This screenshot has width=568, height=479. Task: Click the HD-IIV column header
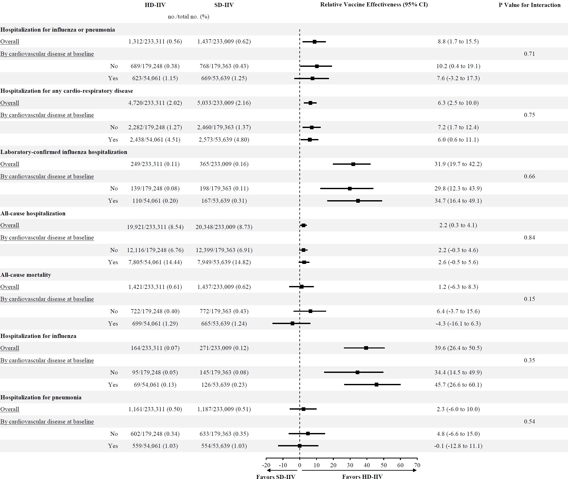point(155,5)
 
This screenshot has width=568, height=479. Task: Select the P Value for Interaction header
point(529,5)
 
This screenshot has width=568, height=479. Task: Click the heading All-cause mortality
point(26,275)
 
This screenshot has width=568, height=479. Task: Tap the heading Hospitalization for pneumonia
point(41,397)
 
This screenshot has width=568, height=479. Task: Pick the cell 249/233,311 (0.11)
point(155,164)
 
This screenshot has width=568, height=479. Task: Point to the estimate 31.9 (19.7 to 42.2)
point(458,164)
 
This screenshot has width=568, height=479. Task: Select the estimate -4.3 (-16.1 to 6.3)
point(458,324)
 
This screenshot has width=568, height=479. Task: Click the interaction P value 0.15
point(529,299)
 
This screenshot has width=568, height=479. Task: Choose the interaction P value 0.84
point(529,238)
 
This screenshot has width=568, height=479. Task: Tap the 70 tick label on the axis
point(417,465)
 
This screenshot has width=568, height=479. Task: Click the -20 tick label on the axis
point(266,465)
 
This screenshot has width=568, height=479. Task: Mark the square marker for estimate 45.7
point(376,385)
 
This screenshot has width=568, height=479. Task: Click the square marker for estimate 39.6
point(366,348)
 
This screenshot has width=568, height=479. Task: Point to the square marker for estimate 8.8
point(314,42)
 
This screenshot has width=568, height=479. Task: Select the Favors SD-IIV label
point(276,476)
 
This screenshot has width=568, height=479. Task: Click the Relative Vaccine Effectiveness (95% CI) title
point(374,5)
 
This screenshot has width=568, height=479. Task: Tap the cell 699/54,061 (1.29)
point(155,324)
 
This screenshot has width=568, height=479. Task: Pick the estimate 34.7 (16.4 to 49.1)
point(458,201)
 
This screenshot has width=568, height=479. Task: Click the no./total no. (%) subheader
point(188,16)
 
